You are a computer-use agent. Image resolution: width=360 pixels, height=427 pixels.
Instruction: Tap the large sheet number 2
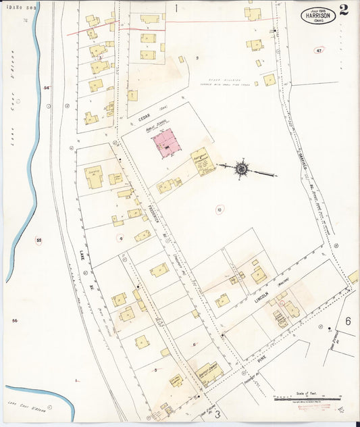[344, 10]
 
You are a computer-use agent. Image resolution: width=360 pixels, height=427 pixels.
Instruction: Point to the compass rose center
[241, 168]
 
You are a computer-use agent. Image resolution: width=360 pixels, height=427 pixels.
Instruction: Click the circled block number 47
[319, 51]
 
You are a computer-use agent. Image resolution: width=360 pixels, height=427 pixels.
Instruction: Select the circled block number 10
[219, 209]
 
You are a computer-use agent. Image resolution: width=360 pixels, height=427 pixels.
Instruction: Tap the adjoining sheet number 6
[348, 321]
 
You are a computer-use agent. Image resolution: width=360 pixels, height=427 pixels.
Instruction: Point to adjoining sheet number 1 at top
[176, 8]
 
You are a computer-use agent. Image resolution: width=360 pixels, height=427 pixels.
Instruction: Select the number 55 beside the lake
[38, 241]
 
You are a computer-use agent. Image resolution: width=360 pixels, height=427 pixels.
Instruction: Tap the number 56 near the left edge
[14, 320]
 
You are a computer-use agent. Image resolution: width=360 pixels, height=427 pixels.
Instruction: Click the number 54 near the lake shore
[47, 88]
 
